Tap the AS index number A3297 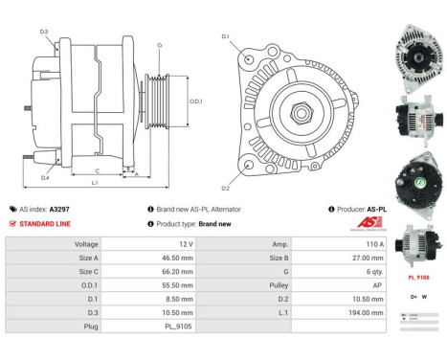coord(60,209)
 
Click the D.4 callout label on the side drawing coord(45,178)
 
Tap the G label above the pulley coord(159,45)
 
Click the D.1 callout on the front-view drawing coord(226,37)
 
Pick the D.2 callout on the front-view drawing coord(226,188)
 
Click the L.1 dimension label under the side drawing coord(95,182)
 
